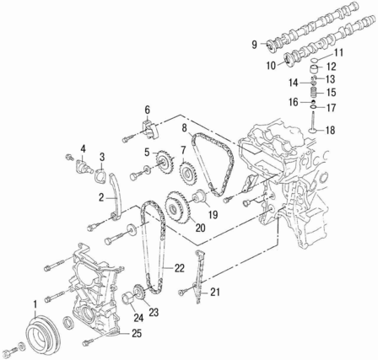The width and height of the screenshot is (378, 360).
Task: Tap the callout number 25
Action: pyautogui.click(x=136, y=334)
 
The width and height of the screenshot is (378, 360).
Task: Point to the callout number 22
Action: pyautogui.click(x=180, y=268)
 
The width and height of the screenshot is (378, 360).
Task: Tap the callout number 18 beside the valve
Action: pyautogui.click(x=331, y=131)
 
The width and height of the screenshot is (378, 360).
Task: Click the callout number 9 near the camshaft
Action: pyautogui.click(x=254, y=45)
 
